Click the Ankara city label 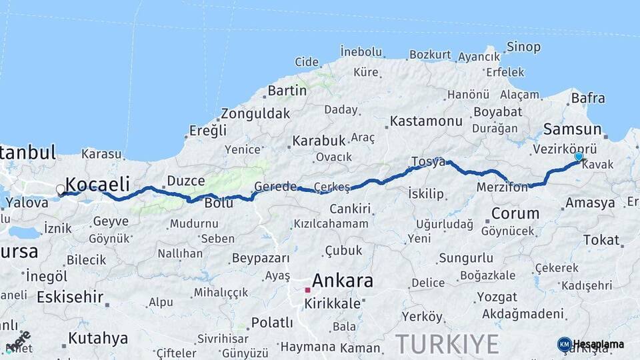[343, 280]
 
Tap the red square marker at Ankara [307, 290]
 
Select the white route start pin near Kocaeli [61, 190]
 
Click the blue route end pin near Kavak [579, 157]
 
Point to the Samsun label [572, 129]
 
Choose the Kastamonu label [426, 121]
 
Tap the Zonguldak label [255, 113]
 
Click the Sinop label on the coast [523, 47]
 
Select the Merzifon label [502, 188]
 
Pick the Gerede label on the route [275, 187]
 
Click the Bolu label [219, 203]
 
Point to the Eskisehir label [71, 297]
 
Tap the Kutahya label [98, 337]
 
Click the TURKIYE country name [447, 344]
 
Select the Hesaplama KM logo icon [565, 344]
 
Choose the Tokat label [601, 240]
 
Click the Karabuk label [318, 141]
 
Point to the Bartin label [287, 90]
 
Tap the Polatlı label [271, 323]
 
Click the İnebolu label [361, 51]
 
